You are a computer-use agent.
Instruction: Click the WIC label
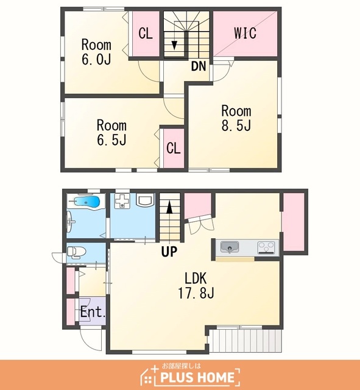click(x=245, y=33)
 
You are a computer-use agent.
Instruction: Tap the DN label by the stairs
click(x=199, y=66)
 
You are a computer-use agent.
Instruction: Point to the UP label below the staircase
click(x=169, y=252)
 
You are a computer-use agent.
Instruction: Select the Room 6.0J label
click(x=96, y=52)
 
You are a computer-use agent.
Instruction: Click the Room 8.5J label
click(x=236, y=118)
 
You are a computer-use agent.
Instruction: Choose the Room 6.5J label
click(x=111, y=132)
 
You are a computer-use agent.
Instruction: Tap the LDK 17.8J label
click(x=196, y=285)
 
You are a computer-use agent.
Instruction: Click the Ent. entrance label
click(x=93, y=311)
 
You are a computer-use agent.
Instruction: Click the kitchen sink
click(x=230, y=247)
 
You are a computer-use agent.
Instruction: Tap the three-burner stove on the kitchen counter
click(x=266, y=247)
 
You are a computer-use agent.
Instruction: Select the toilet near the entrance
click(x=76, y=252)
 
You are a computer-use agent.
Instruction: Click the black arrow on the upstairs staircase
click(x=174, y=45)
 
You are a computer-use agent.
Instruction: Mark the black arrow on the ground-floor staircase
click(x=169, y=208)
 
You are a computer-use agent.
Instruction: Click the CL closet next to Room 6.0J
click(x=146, y=34)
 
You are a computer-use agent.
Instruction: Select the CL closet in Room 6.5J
click(x=174, y=148)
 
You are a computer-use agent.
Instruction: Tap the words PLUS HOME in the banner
click(x=197, y=377)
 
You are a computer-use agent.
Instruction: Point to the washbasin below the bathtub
click(x=70, y=221)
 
